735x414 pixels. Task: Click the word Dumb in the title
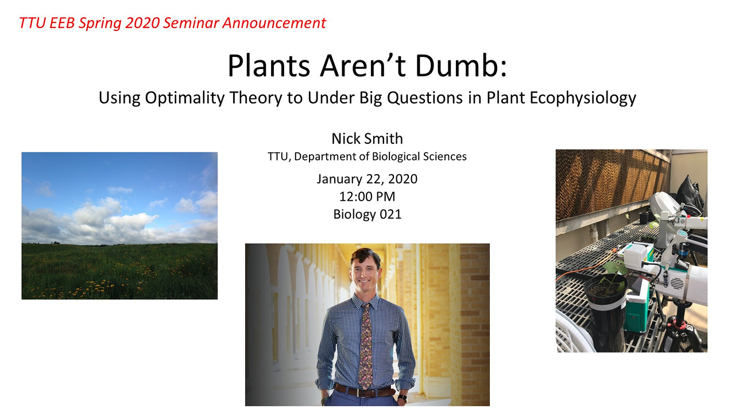tap(461, 66)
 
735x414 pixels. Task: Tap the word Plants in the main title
tap(269, 66)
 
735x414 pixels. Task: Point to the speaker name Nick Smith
tap(367, 139)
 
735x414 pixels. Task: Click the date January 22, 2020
tap(367, 179)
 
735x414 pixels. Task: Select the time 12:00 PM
tap(367, 197)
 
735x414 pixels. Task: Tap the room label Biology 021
tap(367, 214)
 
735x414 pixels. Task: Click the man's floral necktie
tap(366, 345)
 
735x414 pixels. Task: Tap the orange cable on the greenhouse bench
tap(587, 268)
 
